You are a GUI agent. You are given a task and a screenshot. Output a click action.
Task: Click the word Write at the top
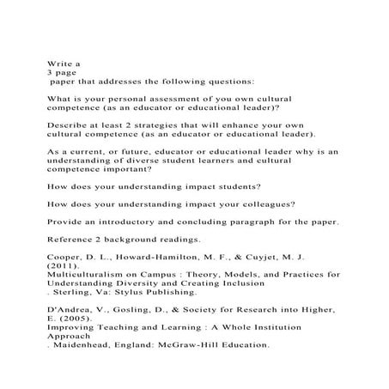click(58, 63)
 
